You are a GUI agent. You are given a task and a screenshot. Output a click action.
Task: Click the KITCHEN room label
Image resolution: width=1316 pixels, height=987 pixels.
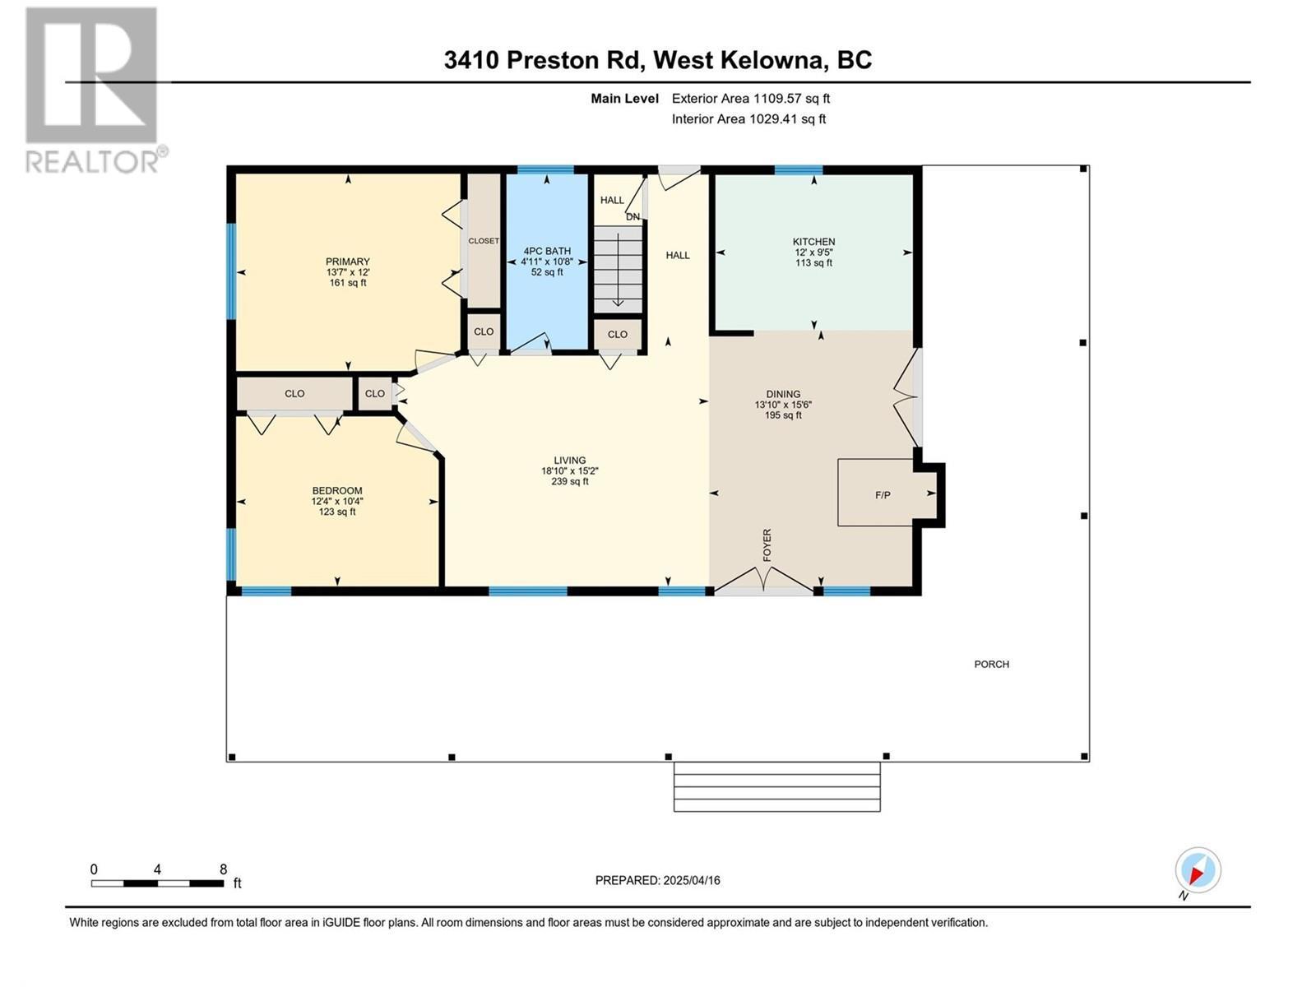click(x=813, y=242)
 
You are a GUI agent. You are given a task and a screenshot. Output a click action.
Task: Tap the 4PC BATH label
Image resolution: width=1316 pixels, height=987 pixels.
click(x=547, y=251)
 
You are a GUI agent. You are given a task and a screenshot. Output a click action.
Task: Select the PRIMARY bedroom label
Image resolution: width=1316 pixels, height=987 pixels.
click(x=347, y=262)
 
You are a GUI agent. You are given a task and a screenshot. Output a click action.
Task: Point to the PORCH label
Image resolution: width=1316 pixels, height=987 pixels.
click(x=991, y=664)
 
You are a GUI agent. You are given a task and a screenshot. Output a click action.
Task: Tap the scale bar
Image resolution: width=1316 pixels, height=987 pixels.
click(x=157, y=883)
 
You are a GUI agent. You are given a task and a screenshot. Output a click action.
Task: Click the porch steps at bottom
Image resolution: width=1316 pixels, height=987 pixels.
click(x=776, y=787)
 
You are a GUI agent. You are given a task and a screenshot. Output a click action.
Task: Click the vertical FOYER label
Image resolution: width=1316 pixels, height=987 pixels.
click(x=767, y=545)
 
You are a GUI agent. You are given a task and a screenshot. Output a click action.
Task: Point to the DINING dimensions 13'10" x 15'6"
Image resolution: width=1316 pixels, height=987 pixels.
click(x=783, y=405)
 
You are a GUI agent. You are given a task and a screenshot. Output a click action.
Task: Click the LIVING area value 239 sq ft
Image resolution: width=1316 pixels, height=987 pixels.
click(x=569, y=482)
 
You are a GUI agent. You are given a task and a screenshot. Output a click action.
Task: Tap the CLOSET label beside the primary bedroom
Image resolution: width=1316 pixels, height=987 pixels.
click(x=484, y=241)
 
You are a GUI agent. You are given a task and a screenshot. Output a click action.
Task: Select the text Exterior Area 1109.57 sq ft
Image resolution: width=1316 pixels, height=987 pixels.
click(x=750, y=99)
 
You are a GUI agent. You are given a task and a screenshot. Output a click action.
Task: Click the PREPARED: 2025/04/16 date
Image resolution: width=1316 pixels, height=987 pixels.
click(x=657, y=880)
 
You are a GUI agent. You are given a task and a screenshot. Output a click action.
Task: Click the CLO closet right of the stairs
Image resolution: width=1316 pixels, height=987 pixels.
click(x=618, y=334)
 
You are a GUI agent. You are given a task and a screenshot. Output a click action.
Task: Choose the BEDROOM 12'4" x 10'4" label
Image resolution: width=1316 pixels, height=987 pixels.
click(x=336, y=501)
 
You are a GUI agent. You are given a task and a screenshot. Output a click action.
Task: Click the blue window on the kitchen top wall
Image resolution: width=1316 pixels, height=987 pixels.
click(x=798, y=170)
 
